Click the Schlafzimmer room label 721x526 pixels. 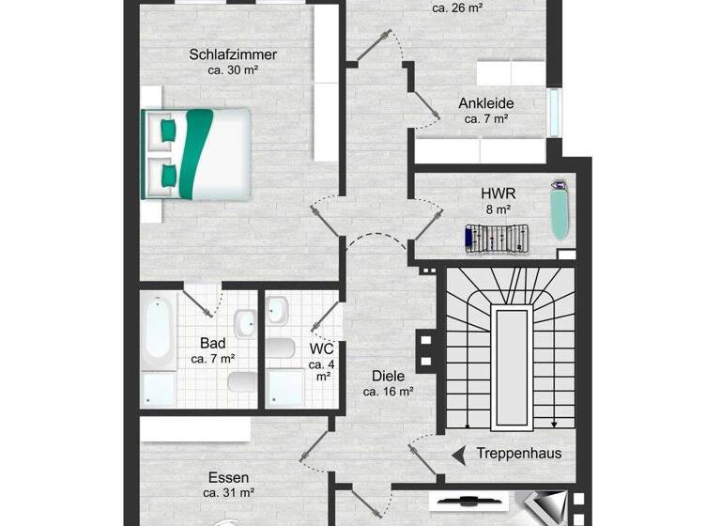(233, 54)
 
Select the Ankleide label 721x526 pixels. (485, 103)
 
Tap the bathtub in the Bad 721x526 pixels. (158, 328)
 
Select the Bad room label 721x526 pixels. (212, 343)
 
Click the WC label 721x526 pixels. (322, 348)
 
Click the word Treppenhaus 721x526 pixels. (519, 454)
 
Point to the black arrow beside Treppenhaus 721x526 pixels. (459, 455)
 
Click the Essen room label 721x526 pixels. (228, 477)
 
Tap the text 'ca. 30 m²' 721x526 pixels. (233, 70)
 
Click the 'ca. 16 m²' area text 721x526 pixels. (389, 391)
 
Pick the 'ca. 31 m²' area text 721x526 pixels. (228, 492)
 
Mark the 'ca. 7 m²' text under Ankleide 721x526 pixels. (485, 119)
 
